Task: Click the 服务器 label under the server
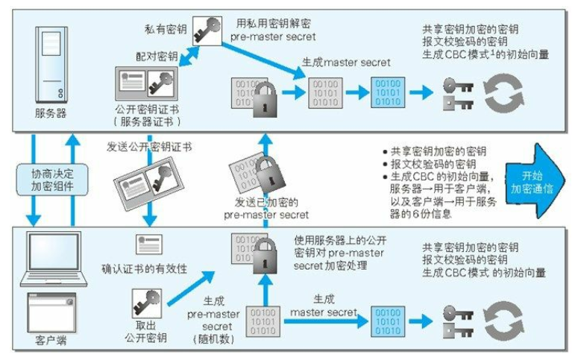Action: click(x=51, y=113)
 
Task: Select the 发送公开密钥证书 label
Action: click(x=149, y=147)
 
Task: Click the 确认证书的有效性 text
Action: click(x=144, y=266)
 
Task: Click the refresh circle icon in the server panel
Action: click(x=503, y=92)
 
